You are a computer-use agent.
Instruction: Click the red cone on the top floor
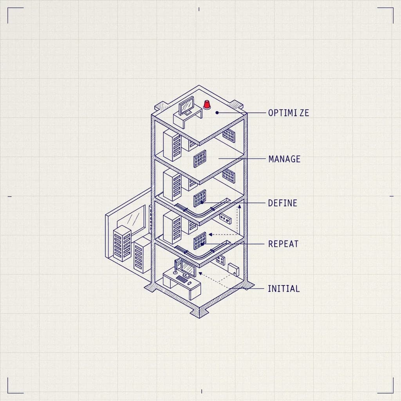pos(207,105)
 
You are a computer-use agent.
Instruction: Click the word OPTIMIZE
pos(289,113)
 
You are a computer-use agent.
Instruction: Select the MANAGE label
pos(284,159)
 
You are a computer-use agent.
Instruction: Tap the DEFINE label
pos(283,203)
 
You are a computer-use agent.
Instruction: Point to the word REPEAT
pos(284,244)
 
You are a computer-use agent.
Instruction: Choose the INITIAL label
pos(284,289)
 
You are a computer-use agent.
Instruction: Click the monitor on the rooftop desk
pos(186,106)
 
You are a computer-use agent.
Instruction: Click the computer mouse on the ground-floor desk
pos(189,283)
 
